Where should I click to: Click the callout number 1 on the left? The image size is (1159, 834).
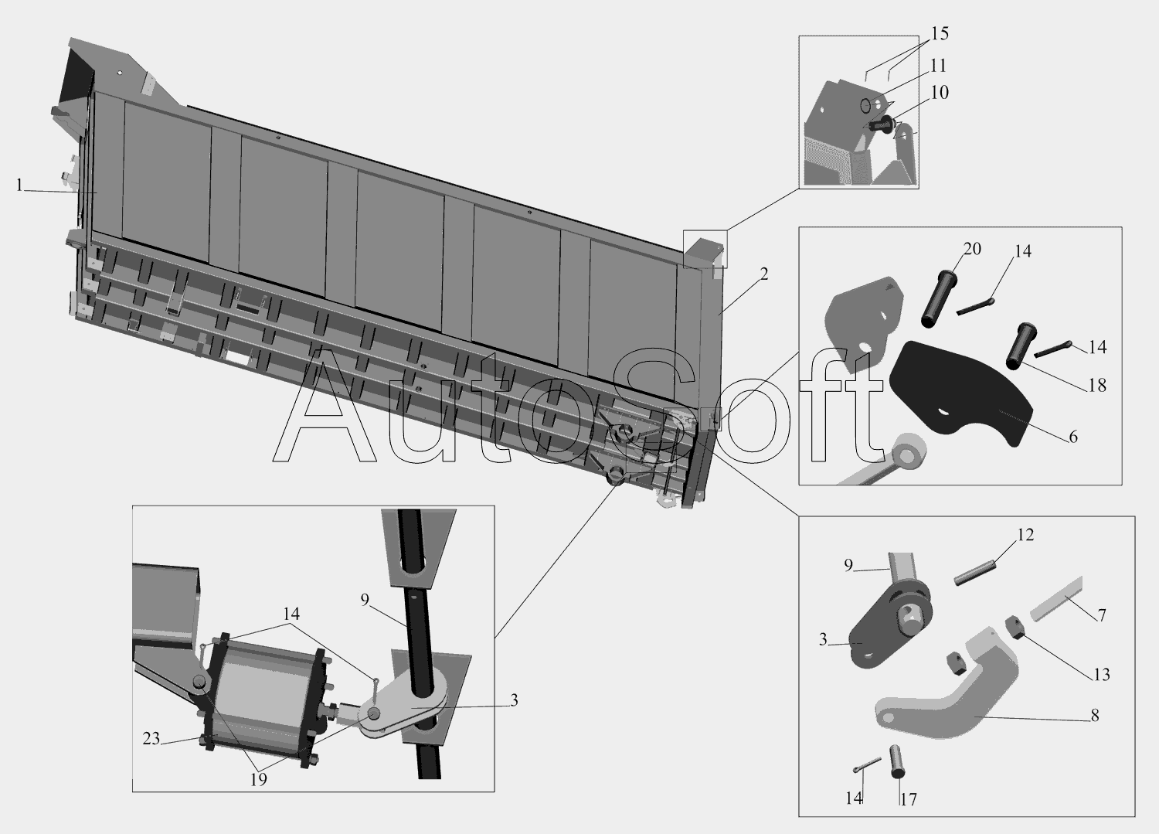(19, 185)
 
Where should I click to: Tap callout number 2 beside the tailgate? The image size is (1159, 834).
(764, 274)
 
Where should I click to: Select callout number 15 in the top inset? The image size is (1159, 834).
(940, 34)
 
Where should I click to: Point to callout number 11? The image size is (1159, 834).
(938, 66)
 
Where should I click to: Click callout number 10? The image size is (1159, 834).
(940, 93)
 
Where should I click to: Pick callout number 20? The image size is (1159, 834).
(972, 249)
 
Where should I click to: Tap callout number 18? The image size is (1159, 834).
(1097, 385)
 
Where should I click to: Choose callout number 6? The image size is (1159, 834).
(1073, 437)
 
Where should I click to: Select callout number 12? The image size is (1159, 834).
(1025, 534)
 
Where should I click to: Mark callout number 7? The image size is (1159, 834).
(1102, 615)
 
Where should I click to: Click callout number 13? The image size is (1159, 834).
(1102, 675)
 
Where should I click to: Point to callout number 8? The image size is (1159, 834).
(1094, 716)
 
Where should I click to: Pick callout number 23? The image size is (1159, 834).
(151, 739)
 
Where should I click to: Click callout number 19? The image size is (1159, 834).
(258, 780)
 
